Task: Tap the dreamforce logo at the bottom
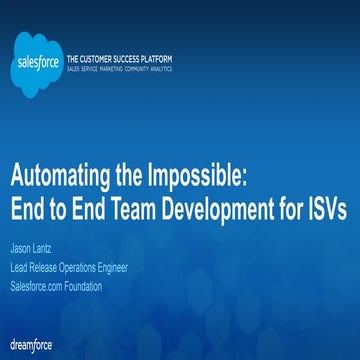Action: pyautogui.click(x=29, y=343)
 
